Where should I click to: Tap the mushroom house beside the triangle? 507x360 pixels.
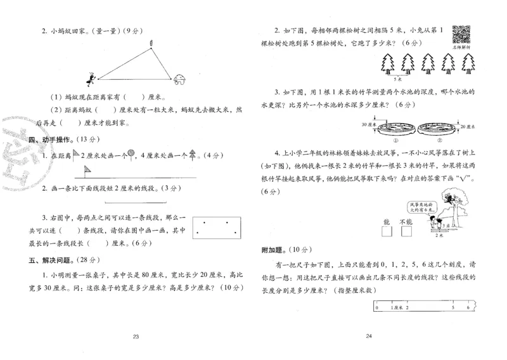(179, 78)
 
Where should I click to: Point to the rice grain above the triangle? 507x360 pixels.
(151, 42)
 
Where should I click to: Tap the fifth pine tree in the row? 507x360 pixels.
(468, 62)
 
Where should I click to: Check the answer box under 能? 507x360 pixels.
(387, 232)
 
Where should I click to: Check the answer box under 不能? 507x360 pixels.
(406, 232)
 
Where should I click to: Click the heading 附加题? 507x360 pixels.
(272, 250)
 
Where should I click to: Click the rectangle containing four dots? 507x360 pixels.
(218, 226)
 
